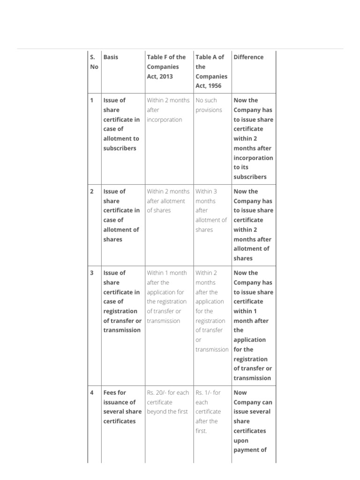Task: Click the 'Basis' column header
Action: pos(111,57)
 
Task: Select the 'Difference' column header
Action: pos(248,57)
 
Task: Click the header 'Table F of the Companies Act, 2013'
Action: pos(166,67)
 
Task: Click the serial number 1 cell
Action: pos(92,100)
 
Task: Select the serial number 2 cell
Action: pos(92,191)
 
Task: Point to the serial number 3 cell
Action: pos(92,273)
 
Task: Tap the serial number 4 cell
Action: pos(92,393)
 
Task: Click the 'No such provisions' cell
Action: pos(209,105)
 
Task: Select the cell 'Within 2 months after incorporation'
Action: pos(168,110)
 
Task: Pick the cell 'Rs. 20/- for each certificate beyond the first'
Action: pos(168,402)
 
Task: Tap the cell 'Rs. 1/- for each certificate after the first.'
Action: pos(208,412)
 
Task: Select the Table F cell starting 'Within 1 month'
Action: pos(167,297)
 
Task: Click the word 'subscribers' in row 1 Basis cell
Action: pos(120,148)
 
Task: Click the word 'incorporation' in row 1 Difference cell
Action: pos(253,158)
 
